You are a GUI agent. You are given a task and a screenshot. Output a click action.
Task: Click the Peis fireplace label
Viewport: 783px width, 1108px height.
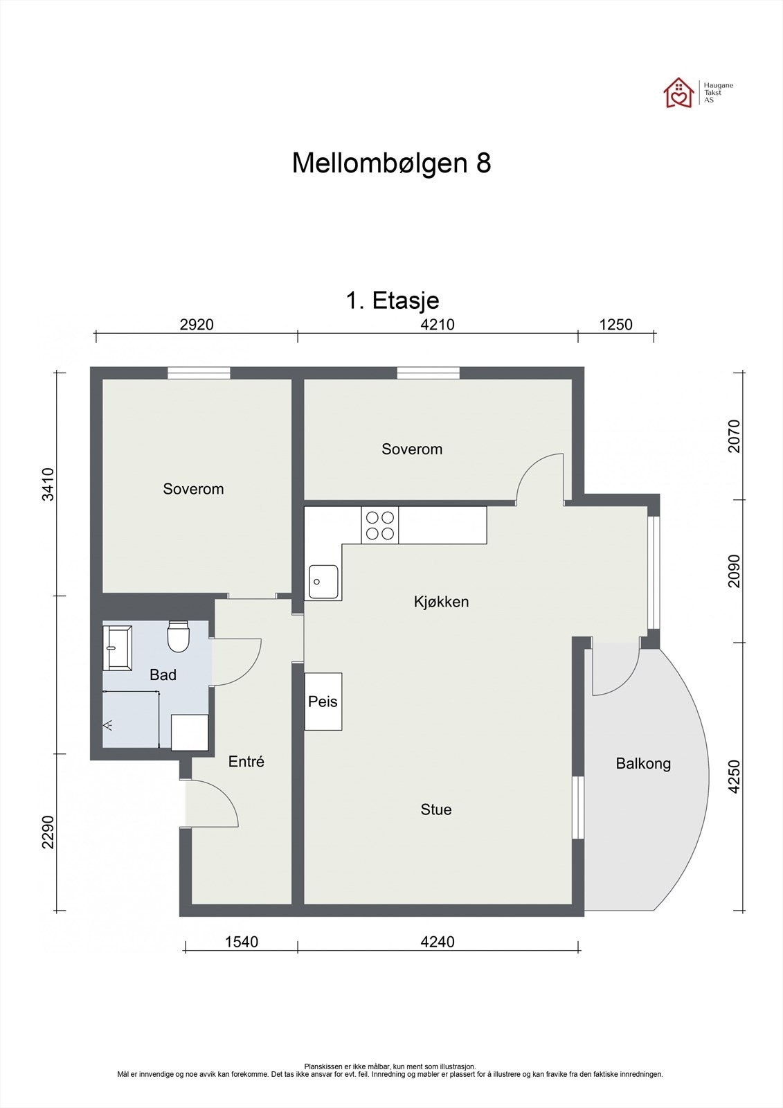[x=323, y=702]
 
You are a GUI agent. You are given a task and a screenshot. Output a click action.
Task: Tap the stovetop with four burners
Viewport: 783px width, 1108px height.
[x=380, y=526]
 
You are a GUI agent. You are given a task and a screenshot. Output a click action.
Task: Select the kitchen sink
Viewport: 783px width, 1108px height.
[x=323, y=582]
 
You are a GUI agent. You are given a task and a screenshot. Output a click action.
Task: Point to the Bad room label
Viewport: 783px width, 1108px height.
[x=163, y=674]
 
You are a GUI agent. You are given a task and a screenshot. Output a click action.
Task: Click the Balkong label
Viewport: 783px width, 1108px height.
[x=643, y=764]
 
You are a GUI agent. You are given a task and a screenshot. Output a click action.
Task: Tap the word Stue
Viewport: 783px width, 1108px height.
[x=436, y=810]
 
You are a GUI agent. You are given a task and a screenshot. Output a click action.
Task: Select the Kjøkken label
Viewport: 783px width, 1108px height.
[x=441, y=602]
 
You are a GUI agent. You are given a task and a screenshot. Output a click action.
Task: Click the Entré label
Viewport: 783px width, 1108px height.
[x=246, y=762]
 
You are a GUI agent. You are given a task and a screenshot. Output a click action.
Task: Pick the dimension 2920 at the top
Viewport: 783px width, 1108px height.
[x=197, y=324]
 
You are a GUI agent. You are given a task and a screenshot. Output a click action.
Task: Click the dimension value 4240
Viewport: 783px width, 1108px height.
[x=438, y=942]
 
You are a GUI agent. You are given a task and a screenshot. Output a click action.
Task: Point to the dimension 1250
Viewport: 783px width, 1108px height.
[x=615, y=324]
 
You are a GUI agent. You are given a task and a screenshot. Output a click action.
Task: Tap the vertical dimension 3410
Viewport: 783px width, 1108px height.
[x=48, y=484]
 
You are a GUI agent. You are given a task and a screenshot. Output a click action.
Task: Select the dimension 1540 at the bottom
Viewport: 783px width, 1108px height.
[x=241, y=942]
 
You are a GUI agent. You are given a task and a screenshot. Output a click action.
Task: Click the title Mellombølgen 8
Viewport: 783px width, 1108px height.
[x=391, y=163]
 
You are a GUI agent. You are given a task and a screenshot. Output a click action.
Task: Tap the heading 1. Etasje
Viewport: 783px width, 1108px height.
[x=392, y=301]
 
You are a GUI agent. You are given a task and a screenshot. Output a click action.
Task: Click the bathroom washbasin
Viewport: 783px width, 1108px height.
[x=117, y=648]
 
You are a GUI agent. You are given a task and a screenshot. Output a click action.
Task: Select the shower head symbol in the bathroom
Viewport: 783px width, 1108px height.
[x=109, y=725]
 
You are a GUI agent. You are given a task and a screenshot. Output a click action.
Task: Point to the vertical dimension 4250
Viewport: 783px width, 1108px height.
[x=735, y=776]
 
